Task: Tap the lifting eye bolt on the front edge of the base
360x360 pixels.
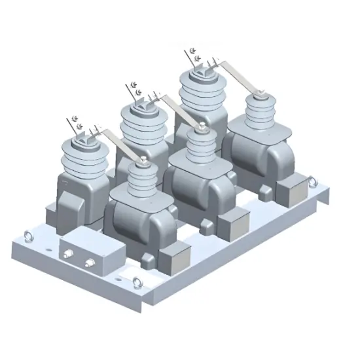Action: point(137,282)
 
